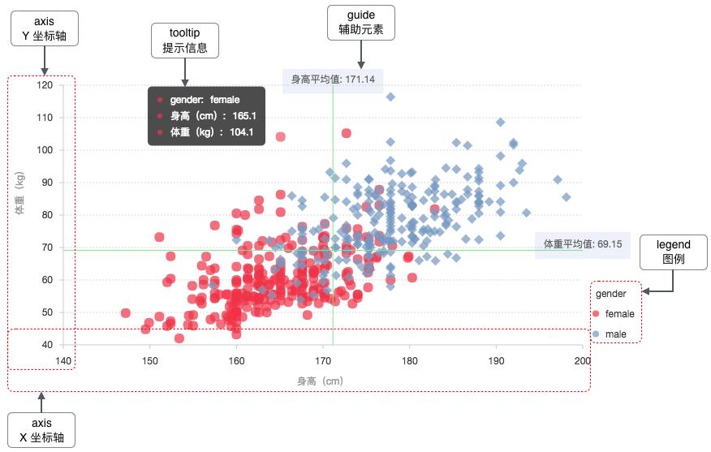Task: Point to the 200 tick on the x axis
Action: [582, 360]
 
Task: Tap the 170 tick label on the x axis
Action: [322, 360]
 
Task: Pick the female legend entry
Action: [619, 314]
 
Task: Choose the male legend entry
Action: [616, 334]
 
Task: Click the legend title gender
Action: [610, 293]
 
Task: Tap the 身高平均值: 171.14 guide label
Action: [333, 80]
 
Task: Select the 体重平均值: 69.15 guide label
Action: [582, 243]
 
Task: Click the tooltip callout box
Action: [184, 40]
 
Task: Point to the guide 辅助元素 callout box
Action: [360, 24]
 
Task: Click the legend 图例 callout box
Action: [673, 252]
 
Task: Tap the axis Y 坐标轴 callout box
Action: [45, 29]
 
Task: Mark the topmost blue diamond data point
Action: [390, 97]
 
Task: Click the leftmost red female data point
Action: [126, 313]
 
